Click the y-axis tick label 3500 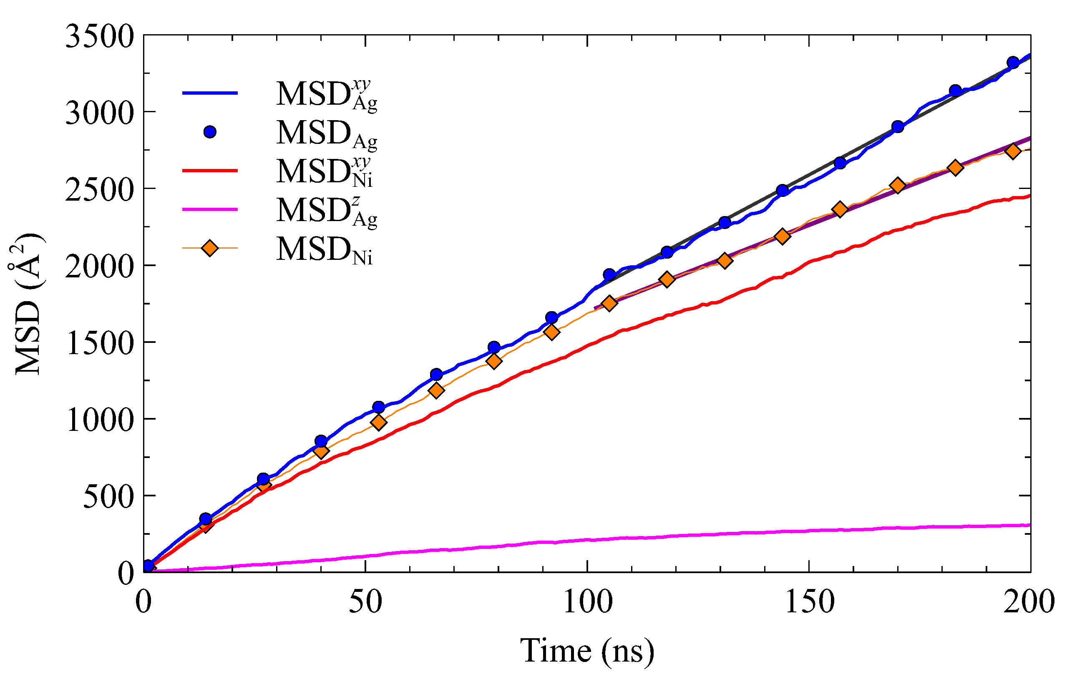(99, 37)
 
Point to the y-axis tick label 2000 (99, 267)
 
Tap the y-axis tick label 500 (108, 498)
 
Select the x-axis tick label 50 (365, 602)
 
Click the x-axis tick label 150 (809, 602)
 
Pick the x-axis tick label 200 (1029, 602)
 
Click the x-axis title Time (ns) (587, 651)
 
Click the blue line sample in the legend (210, 93)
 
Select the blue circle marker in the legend (210, 132)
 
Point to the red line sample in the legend (210, 171)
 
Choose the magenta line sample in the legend (210, 209)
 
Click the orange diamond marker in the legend (210, 248)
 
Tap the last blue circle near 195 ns (1013, 62)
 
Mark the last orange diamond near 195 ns (1013, 151)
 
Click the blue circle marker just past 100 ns (609, 274)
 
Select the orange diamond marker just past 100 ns (609, 304)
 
